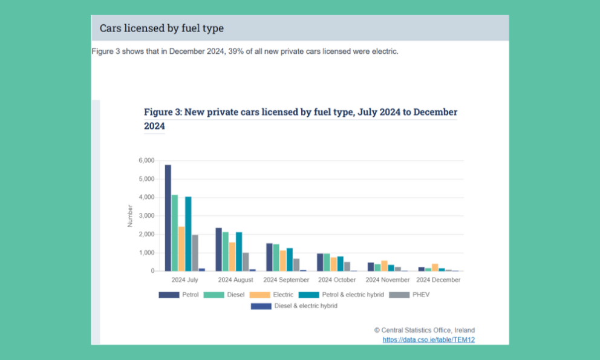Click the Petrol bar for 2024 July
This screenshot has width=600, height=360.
(x=168, y=218)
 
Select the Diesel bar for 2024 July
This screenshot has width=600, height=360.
(x=175, y=233)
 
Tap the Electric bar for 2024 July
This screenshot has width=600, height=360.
(x=181, y=249)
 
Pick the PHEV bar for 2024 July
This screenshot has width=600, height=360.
(x=195, y=253)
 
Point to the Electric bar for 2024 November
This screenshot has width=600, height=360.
(x=384, y=266)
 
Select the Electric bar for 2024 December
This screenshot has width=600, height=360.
(x=435, y=267)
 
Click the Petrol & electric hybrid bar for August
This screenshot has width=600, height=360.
(x=239, y=252)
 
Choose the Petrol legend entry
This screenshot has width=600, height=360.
(x=179, y=295)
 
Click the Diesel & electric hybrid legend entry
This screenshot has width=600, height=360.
(x=295, y=306)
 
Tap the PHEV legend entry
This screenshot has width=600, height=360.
(x=411, y=295)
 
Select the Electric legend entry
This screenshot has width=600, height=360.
(x=272, y=295)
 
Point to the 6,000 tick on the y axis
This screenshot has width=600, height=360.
(x=146, y=160)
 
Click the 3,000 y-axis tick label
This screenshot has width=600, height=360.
(x=146, y=215)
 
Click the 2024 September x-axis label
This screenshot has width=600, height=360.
(x=286, y=280)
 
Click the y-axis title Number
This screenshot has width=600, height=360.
(x=130, y=215)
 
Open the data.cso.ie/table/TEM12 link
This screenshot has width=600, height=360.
(x=428, y=340)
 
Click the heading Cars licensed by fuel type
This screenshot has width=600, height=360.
(x=161, y=28)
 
